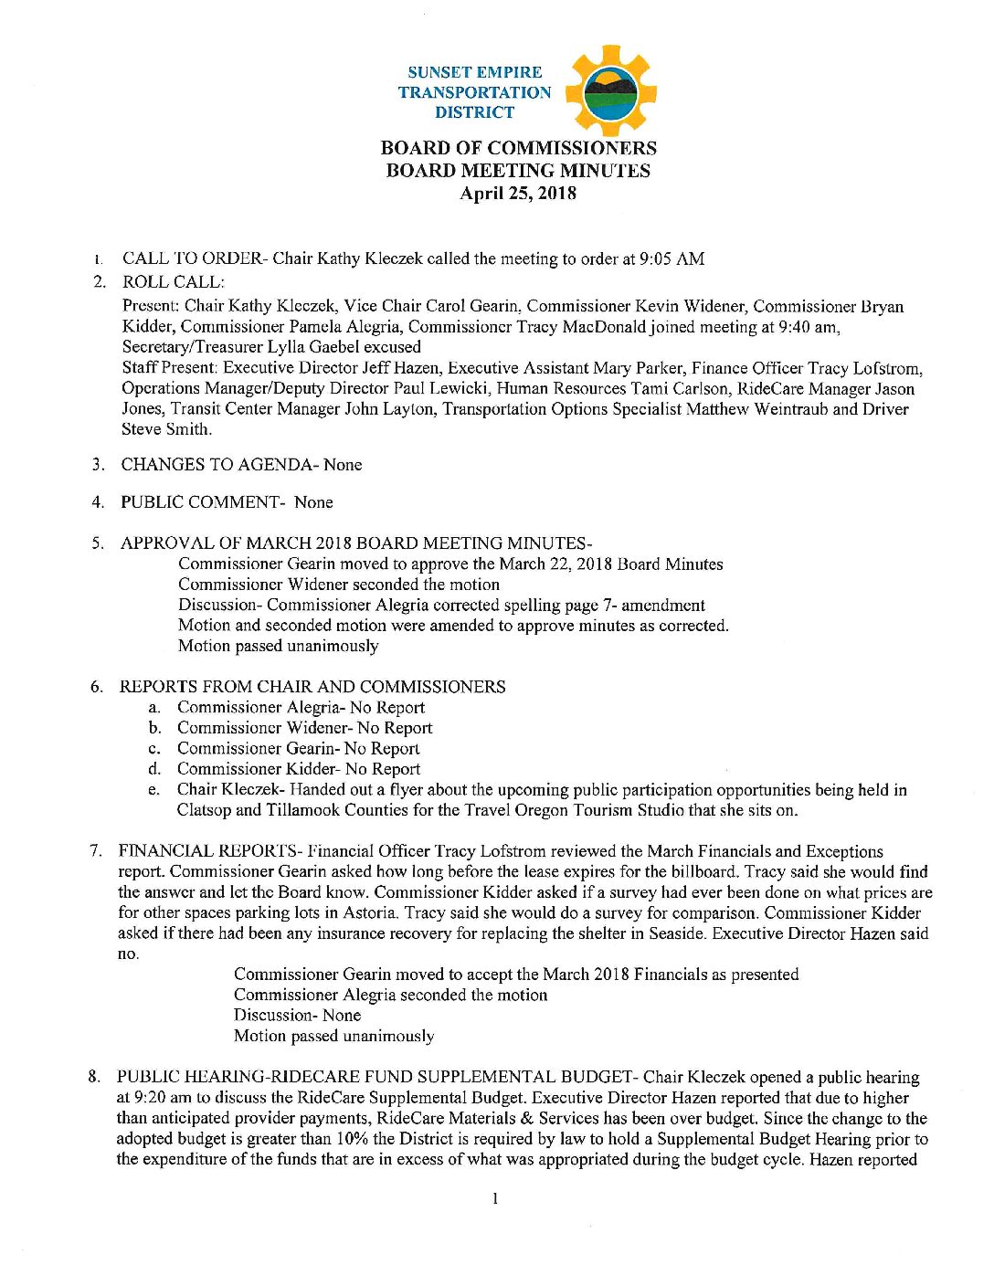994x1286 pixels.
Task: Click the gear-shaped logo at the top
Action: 610,91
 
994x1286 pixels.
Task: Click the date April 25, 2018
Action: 518,194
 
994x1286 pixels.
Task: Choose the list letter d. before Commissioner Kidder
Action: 155,769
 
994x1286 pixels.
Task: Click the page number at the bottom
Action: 494,1198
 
